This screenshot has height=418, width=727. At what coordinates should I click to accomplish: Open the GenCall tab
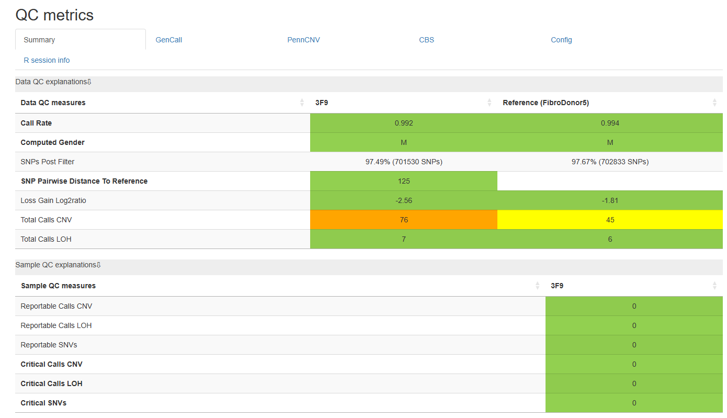click(168, 40)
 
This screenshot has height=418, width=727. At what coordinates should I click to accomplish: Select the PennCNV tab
click(303, 40)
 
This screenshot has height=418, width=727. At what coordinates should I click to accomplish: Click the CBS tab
click(426, 40)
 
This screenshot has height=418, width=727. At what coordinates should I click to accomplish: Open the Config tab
click(561, 40)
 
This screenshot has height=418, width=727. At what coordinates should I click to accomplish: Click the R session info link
click(47, 60)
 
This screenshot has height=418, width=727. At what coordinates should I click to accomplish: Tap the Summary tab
click(39, 40)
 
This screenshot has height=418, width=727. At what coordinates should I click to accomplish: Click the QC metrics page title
click(54, 15)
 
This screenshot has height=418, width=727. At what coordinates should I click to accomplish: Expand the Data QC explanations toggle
click(53, 82)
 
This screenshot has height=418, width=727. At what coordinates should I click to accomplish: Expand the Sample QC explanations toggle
click(58, 265)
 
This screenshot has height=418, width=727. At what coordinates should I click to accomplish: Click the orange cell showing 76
click(404, 220)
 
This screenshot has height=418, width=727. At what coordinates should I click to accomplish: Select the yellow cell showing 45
click(610, 220)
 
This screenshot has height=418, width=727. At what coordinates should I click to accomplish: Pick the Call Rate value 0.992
click(404, 123)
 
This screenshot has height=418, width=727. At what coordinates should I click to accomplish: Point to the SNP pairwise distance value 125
click(404, 181)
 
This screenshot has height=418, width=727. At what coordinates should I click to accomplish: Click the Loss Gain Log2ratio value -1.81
click(610, 200)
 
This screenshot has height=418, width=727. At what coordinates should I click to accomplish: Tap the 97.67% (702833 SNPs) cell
click(610, 162)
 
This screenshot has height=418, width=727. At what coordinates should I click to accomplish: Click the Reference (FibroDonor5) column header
click(546, 103)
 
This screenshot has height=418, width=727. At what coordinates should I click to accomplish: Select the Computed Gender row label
click(53, 142)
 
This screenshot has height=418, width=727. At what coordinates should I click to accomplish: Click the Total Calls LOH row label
click(46, 239)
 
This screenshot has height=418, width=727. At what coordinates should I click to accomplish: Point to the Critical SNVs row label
click(43, 403)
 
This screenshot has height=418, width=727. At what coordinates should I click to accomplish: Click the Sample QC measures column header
click(59, 286)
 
